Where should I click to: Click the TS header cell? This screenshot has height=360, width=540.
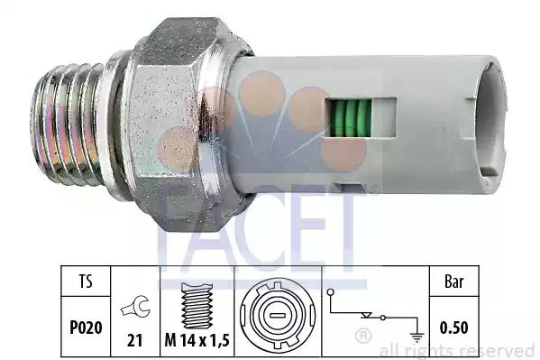[86, 281]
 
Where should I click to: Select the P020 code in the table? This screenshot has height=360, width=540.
[86, 328]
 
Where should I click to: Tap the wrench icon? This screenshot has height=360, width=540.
[135, 307]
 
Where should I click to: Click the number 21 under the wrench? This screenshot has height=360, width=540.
[134, 340]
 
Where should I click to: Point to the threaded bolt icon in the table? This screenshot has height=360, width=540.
[197, 306]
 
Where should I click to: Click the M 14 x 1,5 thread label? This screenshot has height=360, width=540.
[197, 341]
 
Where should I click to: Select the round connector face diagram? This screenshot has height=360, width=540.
[278, 315]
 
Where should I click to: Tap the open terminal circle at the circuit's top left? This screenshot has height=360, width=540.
[331, 292]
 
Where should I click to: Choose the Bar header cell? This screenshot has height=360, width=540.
[454, 282]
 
